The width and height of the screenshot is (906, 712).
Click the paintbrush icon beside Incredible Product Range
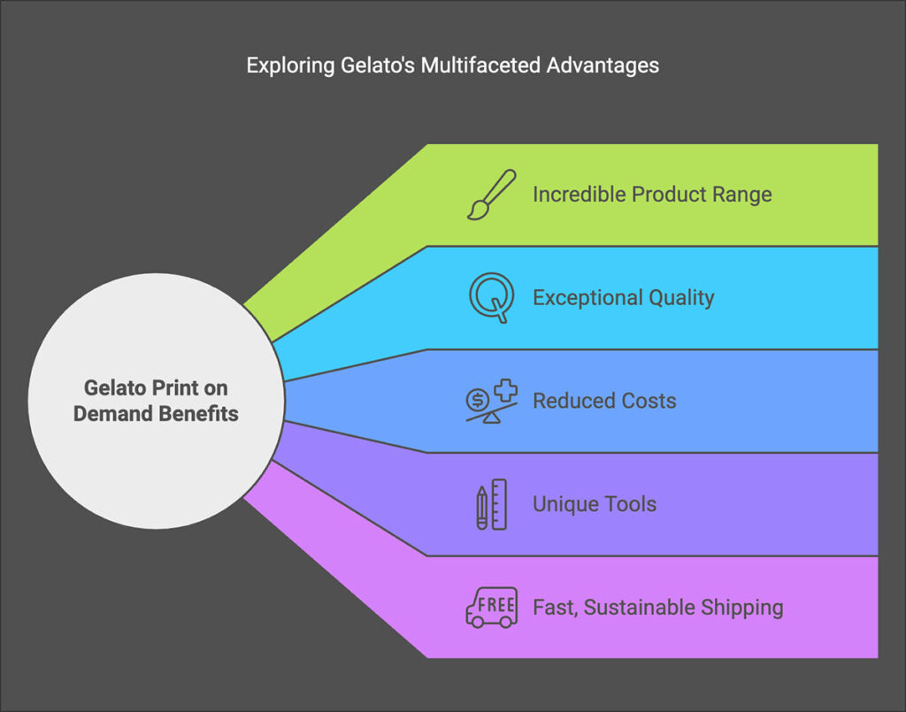(x=491, y=195)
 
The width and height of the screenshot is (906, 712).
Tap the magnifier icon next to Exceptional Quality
(x=491, y=297)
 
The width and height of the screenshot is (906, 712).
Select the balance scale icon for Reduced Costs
(x=491, y=401)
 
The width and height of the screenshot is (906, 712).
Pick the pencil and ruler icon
(x=491, y=504)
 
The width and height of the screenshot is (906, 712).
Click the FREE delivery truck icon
(x=491, y=608)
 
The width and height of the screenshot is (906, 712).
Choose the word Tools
(x=628, y=504)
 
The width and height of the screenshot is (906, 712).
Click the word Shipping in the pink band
(x=741, y=608)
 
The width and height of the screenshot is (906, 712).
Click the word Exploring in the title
(x=284, y=65)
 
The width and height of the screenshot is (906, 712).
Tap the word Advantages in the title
(x=610, y=65)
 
